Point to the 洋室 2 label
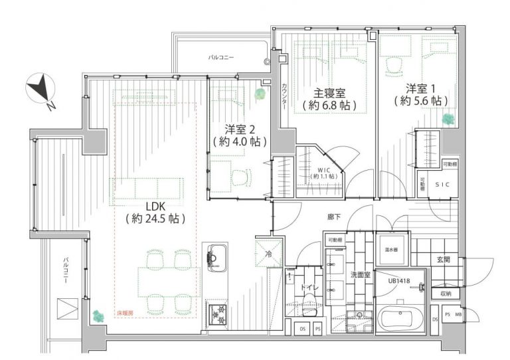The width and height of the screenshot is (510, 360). [x=239, y=129]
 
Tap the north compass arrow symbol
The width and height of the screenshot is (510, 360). [x=41, y=88]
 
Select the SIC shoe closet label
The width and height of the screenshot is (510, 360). [x=442, y=185]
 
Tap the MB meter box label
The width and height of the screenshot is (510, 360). [x=458, y=314]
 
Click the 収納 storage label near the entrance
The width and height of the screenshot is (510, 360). [x=444, y=293]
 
